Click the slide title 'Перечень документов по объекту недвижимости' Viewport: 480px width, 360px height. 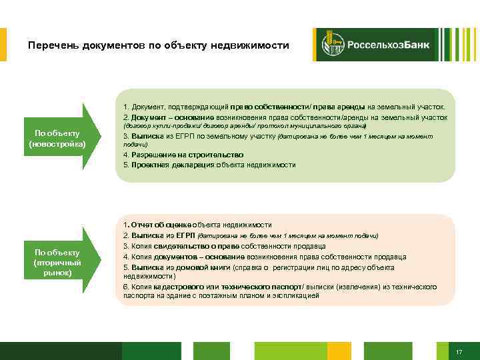(159, 46)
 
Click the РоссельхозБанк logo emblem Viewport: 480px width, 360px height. (333, 45)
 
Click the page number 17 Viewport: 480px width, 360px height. (459, 351)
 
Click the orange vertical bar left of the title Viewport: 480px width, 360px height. (3, 45)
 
